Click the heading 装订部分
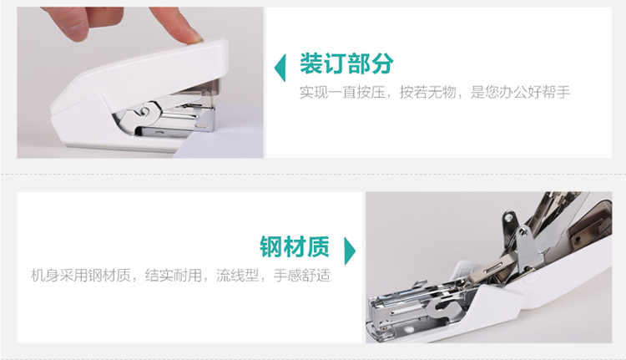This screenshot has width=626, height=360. pos(346,64)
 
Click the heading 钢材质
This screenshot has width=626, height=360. pos(295,246)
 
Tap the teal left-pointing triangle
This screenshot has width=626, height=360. pos(280,68)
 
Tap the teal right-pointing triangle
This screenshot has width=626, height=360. pos(350,251)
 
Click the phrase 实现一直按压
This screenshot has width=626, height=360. pos(341,93)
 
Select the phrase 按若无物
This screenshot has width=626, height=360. pos(427,93)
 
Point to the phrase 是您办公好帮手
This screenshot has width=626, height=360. pos(520,93)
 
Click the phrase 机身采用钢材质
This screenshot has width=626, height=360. pos(81,276)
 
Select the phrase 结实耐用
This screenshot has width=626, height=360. pos(174,276)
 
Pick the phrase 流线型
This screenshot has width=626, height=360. pos(238,276)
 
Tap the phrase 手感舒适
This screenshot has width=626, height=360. pos(302,276)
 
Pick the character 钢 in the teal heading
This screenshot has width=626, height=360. pos(271,246)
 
